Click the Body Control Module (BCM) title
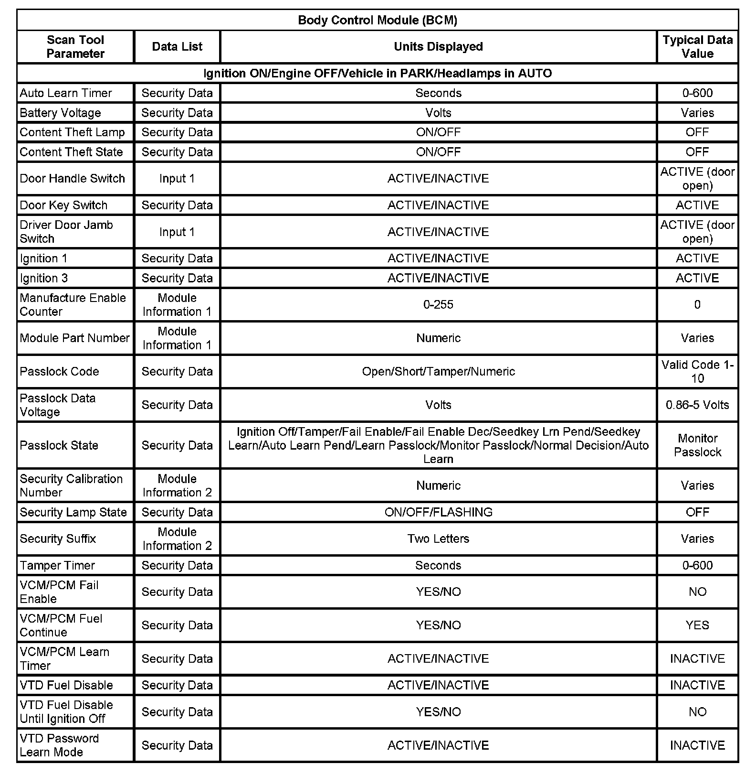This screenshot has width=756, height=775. (377, 20)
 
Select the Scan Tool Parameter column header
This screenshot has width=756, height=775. (75, 46)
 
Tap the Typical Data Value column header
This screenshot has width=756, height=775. (697, 46)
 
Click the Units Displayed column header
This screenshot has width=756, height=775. (438, 46)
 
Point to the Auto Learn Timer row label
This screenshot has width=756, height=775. (66, 93)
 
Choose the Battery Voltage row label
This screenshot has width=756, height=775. (61, 113)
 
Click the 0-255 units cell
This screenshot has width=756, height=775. (438, 304)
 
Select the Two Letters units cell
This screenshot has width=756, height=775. (438, 538)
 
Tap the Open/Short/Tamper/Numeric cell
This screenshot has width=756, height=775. (438, 371)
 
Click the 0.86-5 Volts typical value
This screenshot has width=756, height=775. (697, 405)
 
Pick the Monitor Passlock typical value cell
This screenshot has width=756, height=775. (697, 445)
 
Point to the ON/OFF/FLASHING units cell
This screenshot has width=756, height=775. (438, 512)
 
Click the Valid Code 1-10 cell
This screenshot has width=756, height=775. (697, 371)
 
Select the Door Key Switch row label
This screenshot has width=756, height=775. (63, 205)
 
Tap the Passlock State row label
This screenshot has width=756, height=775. (59, 445)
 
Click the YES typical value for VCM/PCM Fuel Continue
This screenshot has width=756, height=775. (697, 625)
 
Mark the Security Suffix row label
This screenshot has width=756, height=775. (58, 538)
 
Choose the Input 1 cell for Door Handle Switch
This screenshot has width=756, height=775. (177, 178)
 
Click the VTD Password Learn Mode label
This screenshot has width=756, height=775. (59, 745)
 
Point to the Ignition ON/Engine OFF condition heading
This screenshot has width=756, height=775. (377, 73)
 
